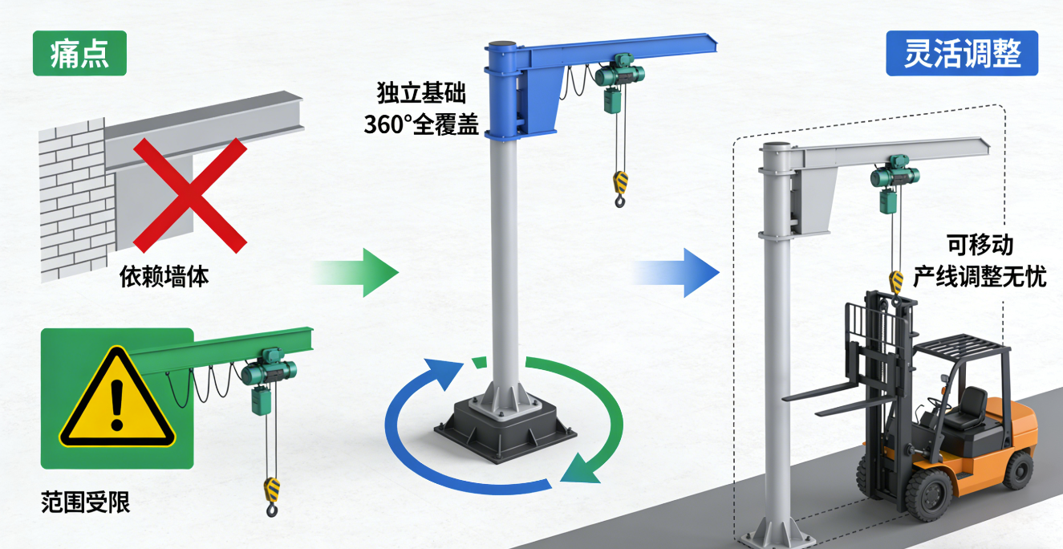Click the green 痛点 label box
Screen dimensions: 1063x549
click(x=79, y=53)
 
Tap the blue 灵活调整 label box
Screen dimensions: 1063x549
click(x=962, y=53)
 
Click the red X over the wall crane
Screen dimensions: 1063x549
click(x=190, y=195)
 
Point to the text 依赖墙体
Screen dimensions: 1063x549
click(x=164, y=276)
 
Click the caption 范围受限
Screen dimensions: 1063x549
click(x=85, y=502)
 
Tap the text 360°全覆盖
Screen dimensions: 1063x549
click(x=421, y=125)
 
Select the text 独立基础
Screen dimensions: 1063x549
click(x=421, y=92)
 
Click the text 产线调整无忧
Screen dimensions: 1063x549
click(x=980, y=276)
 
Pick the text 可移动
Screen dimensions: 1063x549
click(x=980, y=245)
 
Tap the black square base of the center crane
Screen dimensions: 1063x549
click(x=505, y=429)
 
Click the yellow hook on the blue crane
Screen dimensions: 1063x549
click(x=620, y=189)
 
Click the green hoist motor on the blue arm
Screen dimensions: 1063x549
click(x=620, y=74)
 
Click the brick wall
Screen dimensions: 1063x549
click(x=77, y=200)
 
